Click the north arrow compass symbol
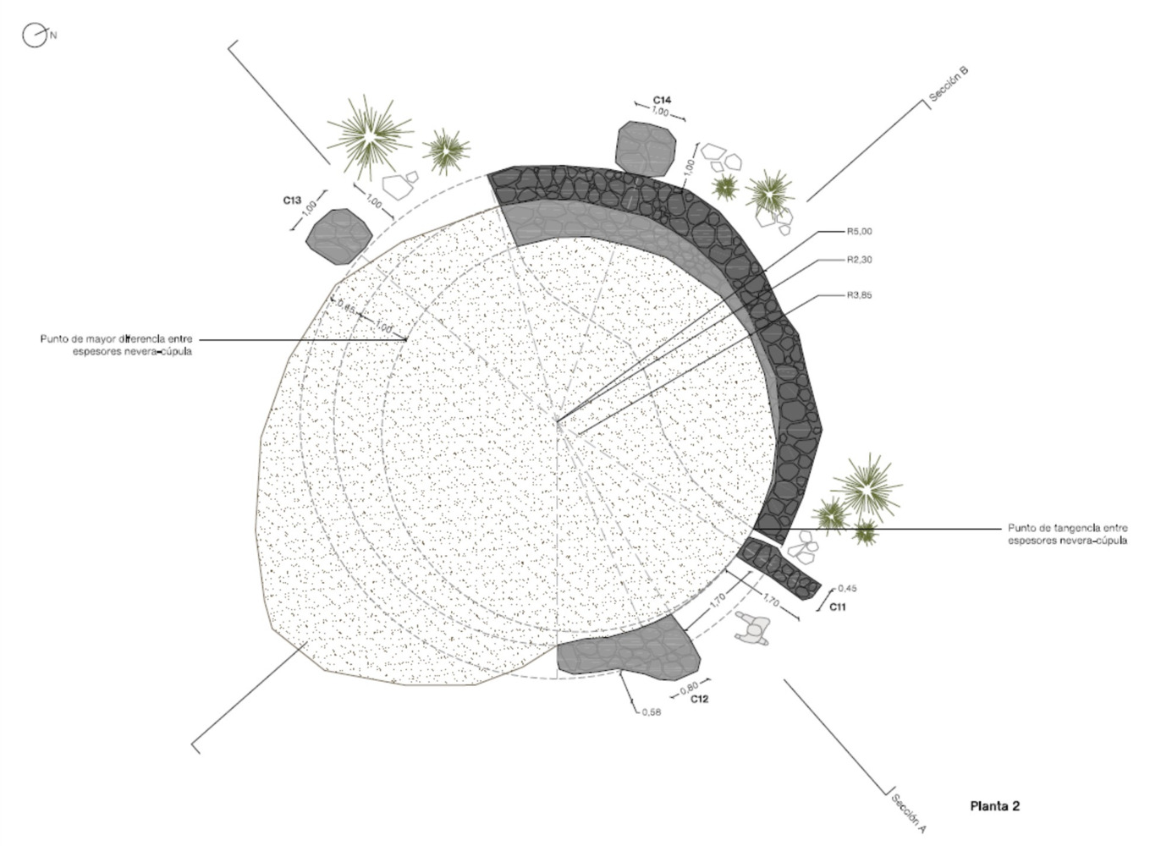coord(35,36)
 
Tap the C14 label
coord(662,100)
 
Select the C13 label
coord(292,201)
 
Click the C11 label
coord(838,607)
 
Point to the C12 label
coord(699,699)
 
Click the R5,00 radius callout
coord(860,232)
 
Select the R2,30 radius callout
coord(860,260)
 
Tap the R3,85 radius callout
coord(860,295)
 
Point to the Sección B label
coord(949,85)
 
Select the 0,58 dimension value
coord(652,712)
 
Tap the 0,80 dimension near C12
coord(689,688)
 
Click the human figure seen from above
coord(752,628)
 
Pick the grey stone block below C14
coord(646,148)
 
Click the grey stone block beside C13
coord(338,237)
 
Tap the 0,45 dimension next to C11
coord(847,588)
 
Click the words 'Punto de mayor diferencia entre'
coord(117,338)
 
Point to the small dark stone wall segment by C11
coord(779,569)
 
